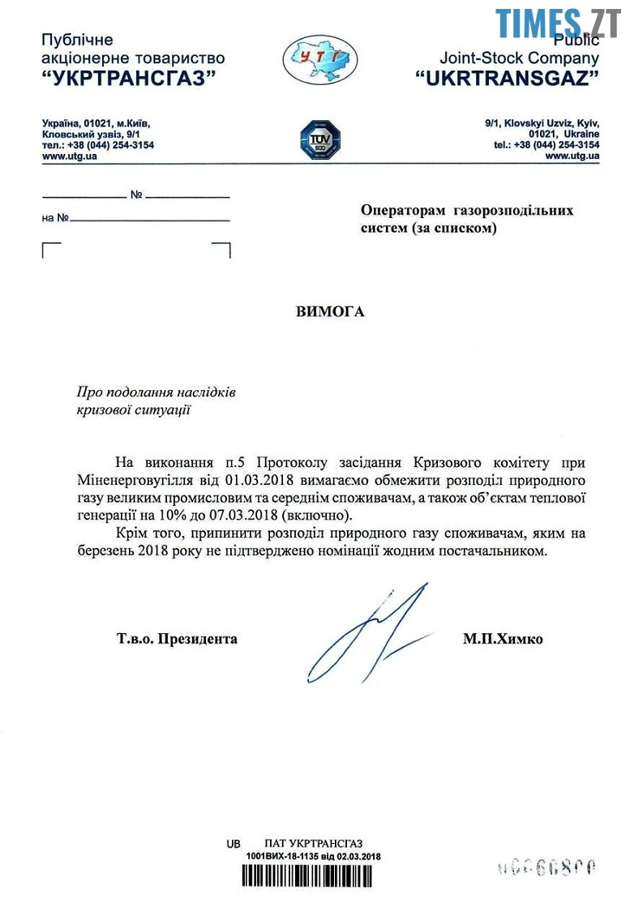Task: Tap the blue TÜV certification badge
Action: (x=319, y=139)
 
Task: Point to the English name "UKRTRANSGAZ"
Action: (x=507, y=78)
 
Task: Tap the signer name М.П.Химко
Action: (x=503, y=640)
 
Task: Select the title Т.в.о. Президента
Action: (x=177, y=639)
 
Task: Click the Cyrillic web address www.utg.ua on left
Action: (x=70, y=156)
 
